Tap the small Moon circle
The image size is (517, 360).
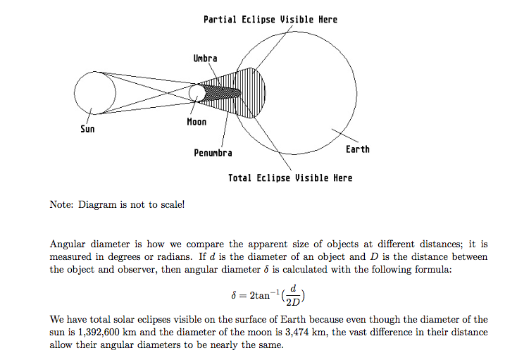click(197, 92)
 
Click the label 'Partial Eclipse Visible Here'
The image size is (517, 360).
click(270, 19)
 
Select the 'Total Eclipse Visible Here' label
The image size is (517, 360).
click(289, 178)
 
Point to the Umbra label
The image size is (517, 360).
click(205, 58)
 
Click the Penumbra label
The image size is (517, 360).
click(213, 152)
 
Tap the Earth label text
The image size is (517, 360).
click(357, 149)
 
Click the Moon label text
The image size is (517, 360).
click(197, 122)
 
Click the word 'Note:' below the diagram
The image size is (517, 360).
click(62, 204)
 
